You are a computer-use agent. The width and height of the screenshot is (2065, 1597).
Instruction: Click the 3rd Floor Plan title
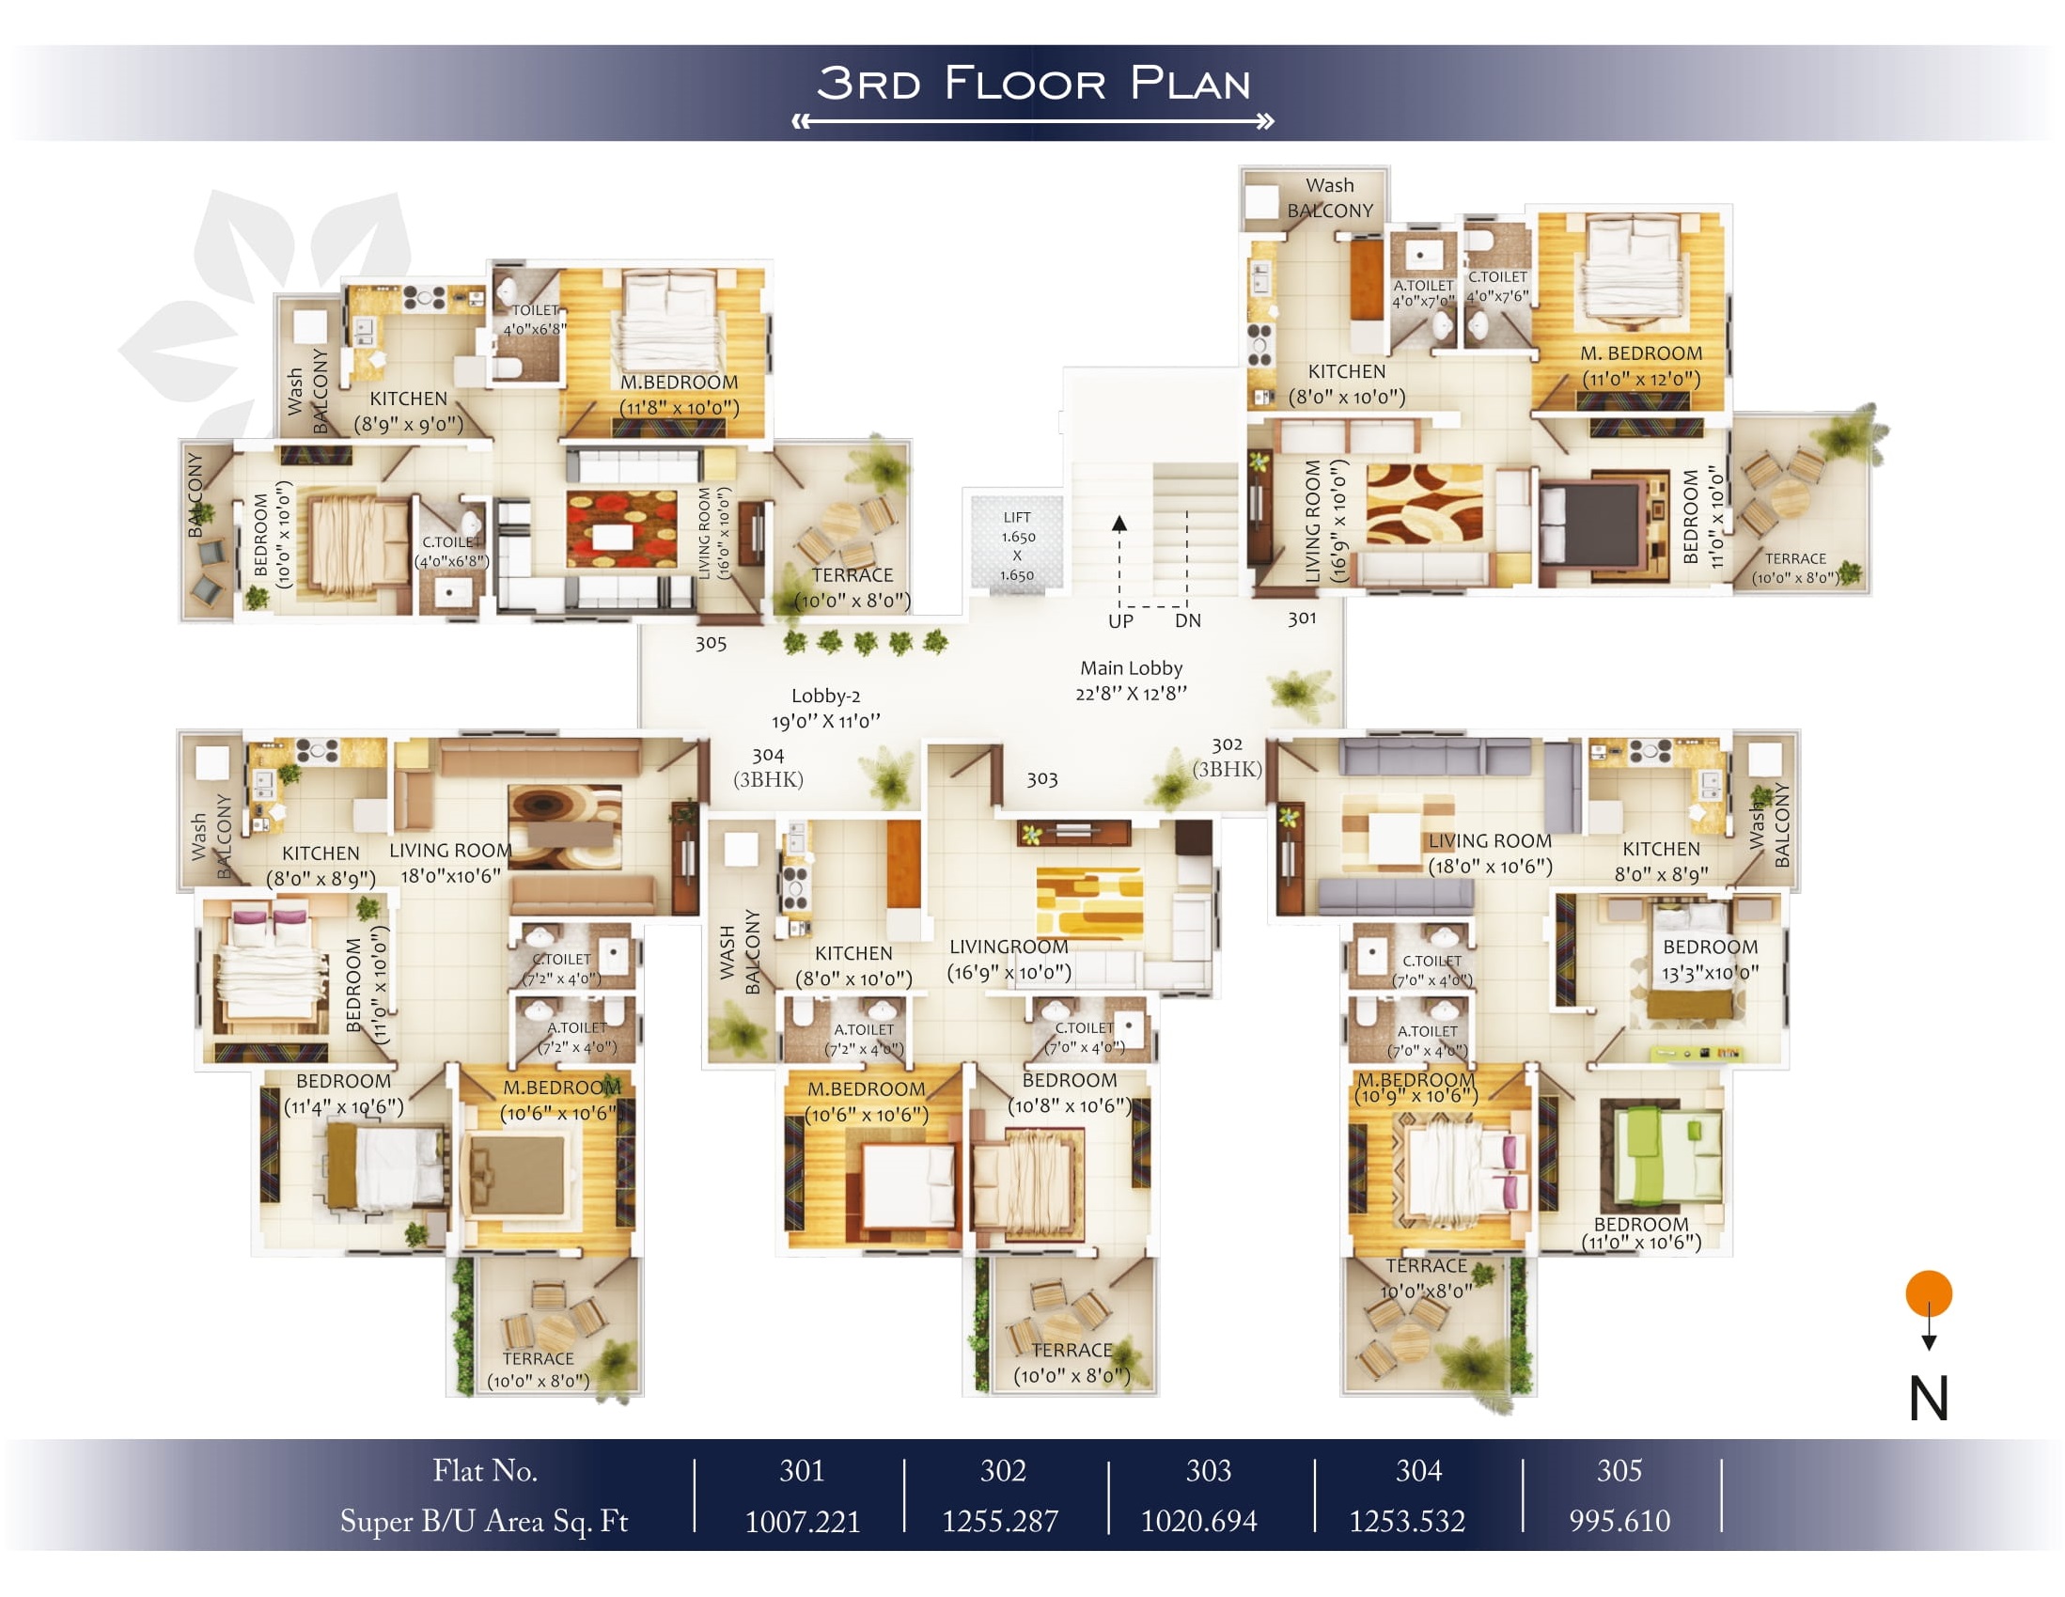click(x=1034, y=84)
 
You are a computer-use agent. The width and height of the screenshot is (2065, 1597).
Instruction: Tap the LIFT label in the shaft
click(x=1017, y=517)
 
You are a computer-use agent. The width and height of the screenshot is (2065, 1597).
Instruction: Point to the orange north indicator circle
click(x=1929, y=1293)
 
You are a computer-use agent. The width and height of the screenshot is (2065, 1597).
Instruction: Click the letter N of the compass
click(x=1929, y=1399)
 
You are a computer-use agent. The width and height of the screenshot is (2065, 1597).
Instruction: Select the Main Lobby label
click(x=1131, y=668)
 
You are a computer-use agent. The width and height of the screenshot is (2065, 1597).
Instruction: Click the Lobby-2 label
click(x=825, y=696)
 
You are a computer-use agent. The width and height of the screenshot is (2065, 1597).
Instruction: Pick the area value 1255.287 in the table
click(x=1000, y=1521)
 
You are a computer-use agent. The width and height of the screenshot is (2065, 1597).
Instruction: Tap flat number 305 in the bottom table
click(x=1619, y=1470)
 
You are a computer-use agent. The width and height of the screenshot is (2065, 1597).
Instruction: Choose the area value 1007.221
click(x=803, y=1521)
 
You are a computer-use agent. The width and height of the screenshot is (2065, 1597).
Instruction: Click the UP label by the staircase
click(x=1120, y=621)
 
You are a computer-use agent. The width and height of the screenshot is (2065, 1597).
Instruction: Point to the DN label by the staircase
click(x=1187, y=621)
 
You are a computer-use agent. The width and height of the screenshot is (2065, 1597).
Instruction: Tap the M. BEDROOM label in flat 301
click(x=1641, y=353)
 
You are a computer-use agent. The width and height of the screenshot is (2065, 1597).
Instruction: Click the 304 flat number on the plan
click(x=768, y=756)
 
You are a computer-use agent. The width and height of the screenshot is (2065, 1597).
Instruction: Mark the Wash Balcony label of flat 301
click(x=1329, y=197)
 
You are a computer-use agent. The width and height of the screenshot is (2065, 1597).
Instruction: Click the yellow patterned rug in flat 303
click(x=1089, y=902)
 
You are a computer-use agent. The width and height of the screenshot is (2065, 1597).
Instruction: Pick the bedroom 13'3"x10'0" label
click(x=1711, y=960)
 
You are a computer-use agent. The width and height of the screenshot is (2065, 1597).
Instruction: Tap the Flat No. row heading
click(x=485, y=1470)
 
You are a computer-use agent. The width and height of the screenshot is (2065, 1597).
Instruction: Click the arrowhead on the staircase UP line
click(x=1119, y=523)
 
